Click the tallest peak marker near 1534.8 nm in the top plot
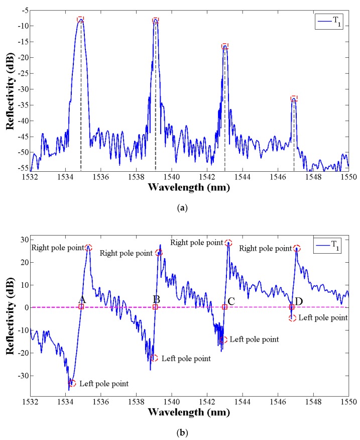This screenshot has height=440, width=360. click(x=80, y=20)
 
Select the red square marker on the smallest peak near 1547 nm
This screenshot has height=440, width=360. click(x=294, y=98)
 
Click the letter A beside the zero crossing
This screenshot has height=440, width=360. click(x=82, y=300)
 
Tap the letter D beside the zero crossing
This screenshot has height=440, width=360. click(x=299, y=301)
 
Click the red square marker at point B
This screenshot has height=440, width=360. click(x=155, y=307)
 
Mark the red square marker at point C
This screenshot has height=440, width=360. click(x=225, y=307)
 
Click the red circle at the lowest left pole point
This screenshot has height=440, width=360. click(x=72, y=383)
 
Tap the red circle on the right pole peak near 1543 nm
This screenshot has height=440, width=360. click(x=228, y=243)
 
